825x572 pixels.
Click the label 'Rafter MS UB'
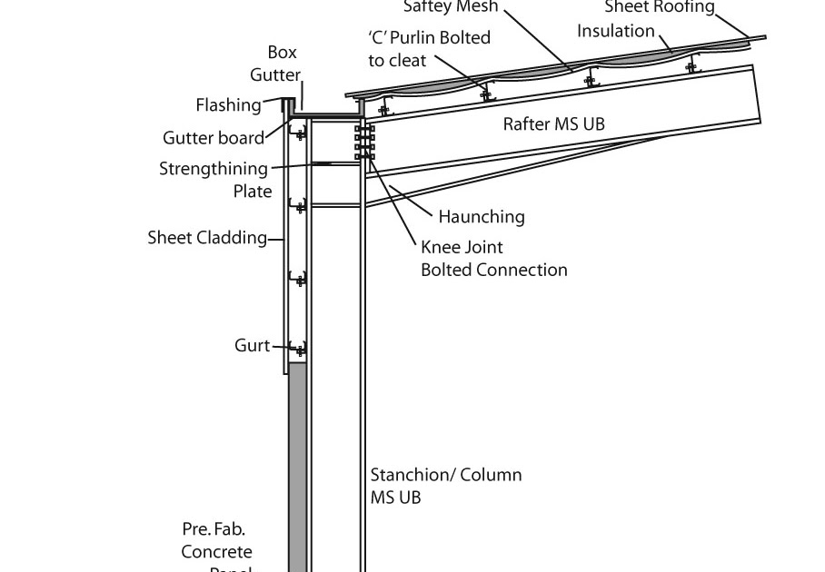point(553,123)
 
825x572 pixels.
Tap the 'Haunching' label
point(481,217)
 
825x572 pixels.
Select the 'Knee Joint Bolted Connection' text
point(493,259)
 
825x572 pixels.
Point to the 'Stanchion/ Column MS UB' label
point(445,486)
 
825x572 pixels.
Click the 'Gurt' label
point(252,346)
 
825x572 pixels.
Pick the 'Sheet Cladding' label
point(207,238)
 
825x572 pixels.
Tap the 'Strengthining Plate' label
point(214,180)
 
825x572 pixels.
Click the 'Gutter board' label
point(214,138)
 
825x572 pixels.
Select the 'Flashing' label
point(228,105)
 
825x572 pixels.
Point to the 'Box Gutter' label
point(283,64)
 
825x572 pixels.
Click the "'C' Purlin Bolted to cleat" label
point(429,49)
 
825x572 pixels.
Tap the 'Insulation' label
point(615,31)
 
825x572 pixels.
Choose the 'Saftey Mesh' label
point(451,7)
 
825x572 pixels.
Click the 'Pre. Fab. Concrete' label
point(216,540)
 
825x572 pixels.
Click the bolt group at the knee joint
point(365,143)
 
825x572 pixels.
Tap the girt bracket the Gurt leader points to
point(297,349)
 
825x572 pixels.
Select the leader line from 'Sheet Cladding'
point(276,240)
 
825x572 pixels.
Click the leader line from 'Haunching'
point(411,202)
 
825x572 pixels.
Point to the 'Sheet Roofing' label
point(660,8)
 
